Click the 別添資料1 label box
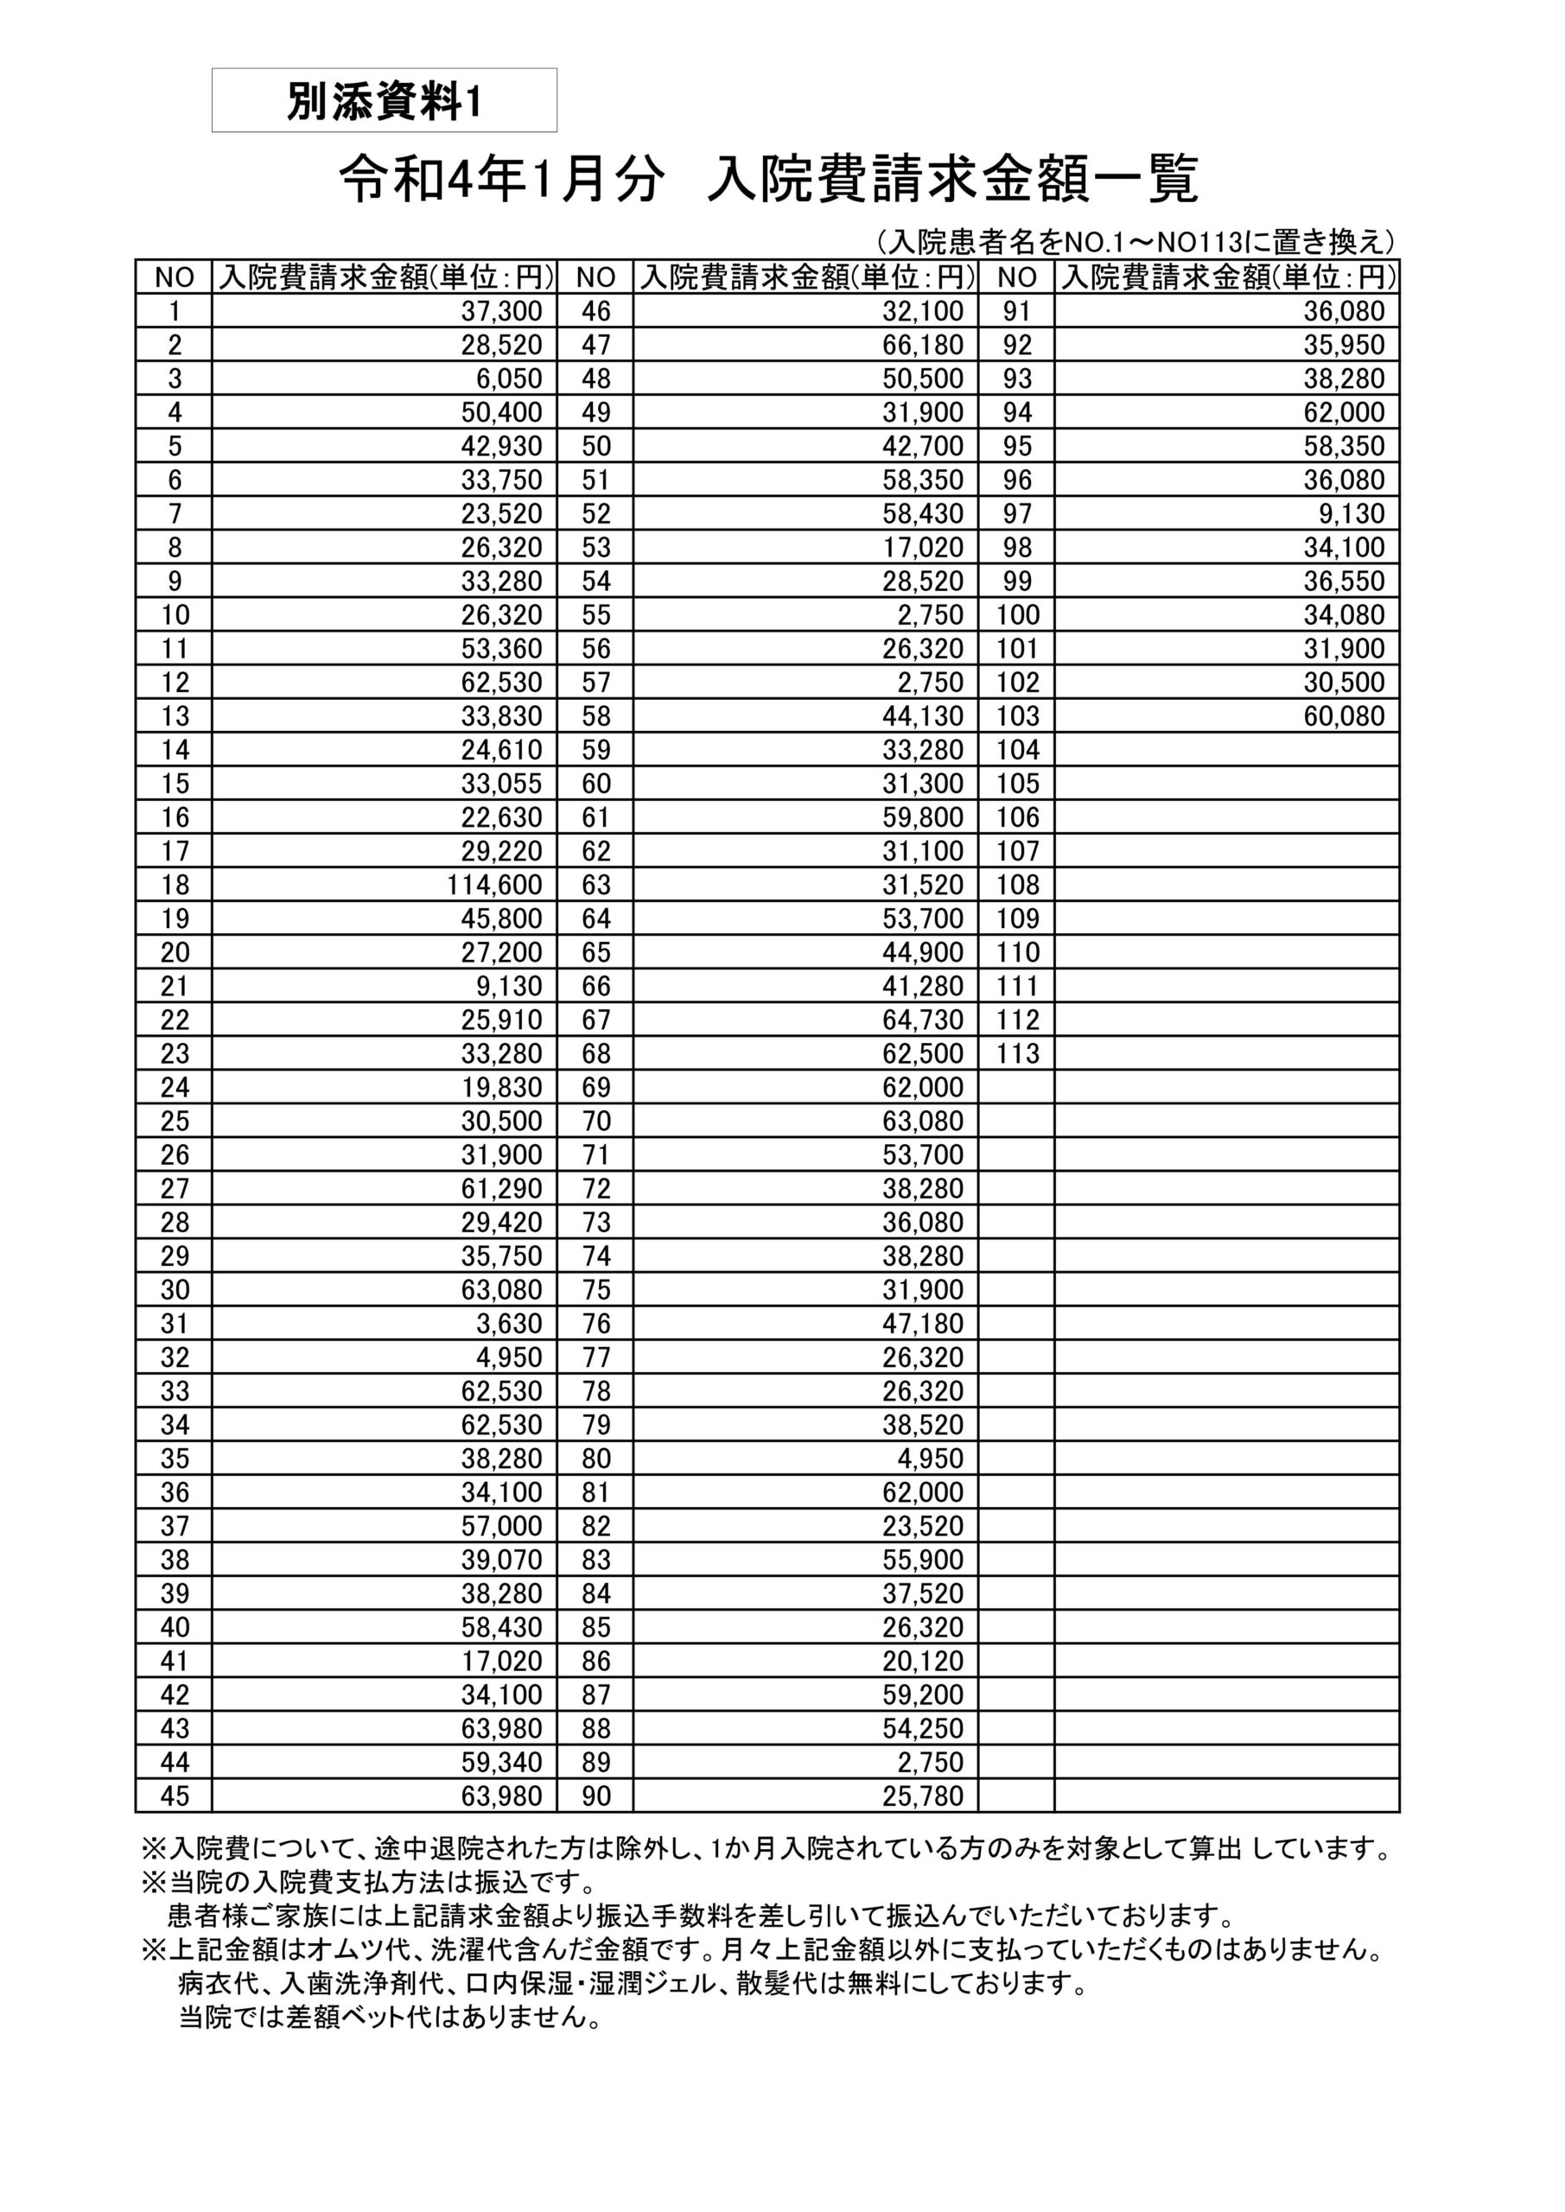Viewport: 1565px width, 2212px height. tap(384, 100)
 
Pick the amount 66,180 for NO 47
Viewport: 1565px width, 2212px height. tap(922, 345)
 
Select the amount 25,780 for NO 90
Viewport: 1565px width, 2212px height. tap(922, 1796)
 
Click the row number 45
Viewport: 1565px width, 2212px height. tap(175, 1796)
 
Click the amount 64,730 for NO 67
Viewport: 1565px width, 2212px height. tap(922, 1020)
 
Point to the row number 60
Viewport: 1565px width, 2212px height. tap(595, 783)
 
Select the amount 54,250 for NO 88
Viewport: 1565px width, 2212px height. tap(922, 1728)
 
